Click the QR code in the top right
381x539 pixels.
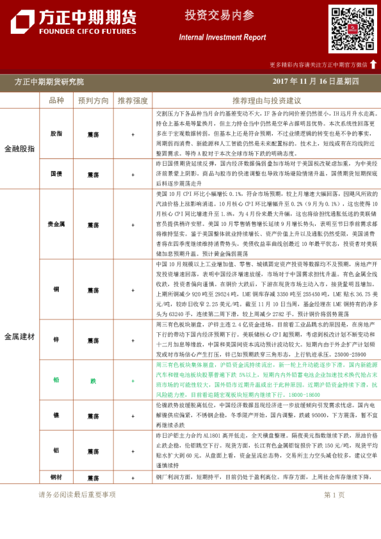(x=352, y=29)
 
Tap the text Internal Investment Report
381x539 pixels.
(x=222, y=37)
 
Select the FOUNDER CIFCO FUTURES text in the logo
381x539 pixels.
(x=74, y=31)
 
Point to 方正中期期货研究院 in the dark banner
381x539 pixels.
(x=49, y=82)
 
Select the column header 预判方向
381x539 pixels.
(x=93, y=101)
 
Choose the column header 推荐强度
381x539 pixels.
(x=133, y=101)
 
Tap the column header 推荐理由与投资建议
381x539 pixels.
(x=266, y=101)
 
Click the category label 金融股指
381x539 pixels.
(x=20, y=149)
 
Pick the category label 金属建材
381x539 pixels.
(x=20, y=336)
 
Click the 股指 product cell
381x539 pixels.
(x=56, y=134)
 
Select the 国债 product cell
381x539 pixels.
(x=56, y=173)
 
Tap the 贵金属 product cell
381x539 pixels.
(x=56, y=225)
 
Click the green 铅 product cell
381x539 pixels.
(x=56, y=380)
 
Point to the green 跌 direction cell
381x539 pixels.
(x=93, y=380)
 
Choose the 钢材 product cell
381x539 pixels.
(x=56, y=478)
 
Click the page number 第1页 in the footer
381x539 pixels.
(x=334, y=494)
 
